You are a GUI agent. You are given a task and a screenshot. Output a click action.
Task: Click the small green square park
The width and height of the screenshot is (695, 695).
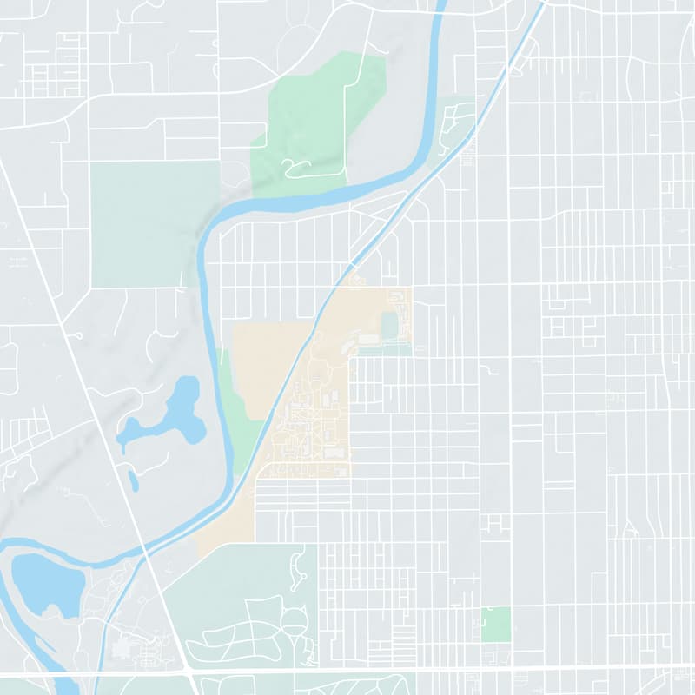point(496,625)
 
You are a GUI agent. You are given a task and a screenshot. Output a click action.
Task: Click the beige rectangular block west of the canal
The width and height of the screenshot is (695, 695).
point(265,365)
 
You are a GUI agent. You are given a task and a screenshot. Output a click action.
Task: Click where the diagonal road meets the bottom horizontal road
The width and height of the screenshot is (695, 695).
point(189,670)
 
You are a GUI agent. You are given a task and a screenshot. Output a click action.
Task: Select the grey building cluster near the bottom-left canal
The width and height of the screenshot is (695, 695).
point(130,647)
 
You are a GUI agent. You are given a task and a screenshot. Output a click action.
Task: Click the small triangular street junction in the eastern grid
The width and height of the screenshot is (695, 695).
point(630,527)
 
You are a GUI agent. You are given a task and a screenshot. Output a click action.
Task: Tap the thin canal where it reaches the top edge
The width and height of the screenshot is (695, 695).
point(544,3)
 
